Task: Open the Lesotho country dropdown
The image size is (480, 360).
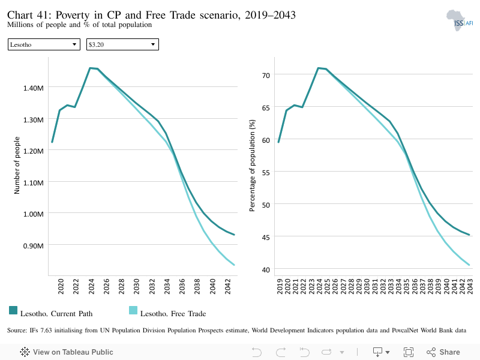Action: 44,44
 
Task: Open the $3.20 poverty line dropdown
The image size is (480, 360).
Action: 122,44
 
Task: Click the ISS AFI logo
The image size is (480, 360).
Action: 460,20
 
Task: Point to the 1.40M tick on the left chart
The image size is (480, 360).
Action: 34,88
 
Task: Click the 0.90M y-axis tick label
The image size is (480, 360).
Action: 34,246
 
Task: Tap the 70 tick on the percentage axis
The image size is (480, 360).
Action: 266,76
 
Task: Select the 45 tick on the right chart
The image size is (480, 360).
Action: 266,237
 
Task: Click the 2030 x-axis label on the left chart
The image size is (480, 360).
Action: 137,287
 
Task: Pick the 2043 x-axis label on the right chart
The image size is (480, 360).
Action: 470,287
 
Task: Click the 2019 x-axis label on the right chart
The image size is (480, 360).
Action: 280,287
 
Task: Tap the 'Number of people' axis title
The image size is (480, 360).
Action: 17,166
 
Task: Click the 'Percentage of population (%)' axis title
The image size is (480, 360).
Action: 252,166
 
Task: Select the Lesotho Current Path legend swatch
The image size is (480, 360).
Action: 13,310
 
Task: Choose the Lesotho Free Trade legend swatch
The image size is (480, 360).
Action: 133,310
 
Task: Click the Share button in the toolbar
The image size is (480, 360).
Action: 443,352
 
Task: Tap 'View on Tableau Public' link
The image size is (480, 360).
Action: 67,352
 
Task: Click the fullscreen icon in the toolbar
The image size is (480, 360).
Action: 409,352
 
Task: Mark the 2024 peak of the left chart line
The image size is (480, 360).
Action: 90,68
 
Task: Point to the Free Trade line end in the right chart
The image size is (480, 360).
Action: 469,265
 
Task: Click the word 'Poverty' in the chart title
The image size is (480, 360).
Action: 73,15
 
